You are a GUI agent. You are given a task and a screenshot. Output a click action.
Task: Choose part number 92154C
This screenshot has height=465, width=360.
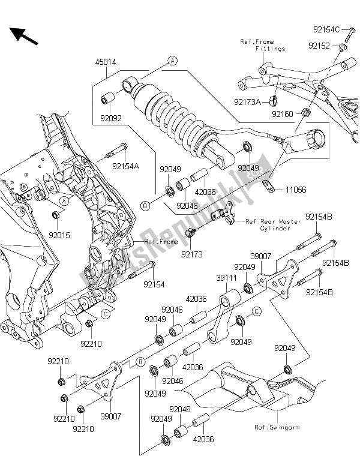pos(327,29)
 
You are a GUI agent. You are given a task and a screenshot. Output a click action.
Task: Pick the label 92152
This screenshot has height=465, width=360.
pos(320,46)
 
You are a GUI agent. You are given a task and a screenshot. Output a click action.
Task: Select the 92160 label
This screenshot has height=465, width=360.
pos(283,113)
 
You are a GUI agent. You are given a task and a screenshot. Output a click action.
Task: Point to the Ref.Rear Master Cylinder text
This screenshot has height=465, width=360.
pos(268,224)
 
